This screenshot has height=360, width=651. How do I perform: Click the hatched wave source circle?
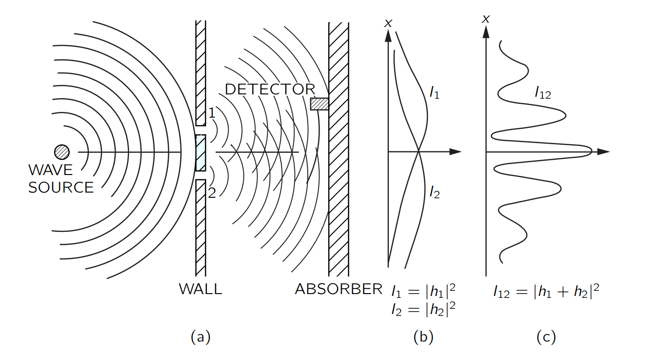tap(62, 152)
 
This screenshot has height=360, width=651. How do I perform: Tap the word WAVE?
tap(51, 170)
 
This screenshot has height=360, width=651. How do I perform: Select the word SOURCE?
tap(61, 187)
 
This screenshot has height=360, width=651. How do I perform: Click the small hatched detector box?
tap(320, 104)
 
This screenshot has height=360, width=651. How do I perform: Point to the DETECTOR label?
tap(270, 89)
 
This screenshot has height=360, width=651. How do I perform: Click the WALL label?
tap(201, 289)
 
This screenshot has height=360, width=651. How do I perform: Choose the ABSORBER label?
tap(339, 289)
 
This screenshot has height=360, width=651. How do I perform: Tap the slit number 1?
tap(212, 113)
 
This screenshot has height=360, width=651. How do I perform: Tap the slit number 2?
tap(212, 193)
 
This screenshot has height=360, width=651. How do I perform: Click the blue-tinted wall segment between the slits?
tap(201, 153)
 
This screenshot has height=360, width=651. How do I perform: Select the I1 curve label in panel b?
tap(434, 93)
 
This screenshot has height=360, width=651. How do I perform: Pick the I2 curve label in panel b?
tap(435, 193)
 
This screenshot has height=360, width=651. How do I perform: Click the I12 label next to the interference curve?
tap(543, 93)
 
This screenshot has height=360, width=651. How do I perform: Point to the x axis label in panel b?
tap(388, 23)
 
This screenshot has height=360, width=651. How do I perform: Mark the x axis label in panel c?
tap(486, 19)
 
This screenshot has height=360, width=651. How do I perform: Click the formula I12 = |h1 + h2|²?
tap(546, 291)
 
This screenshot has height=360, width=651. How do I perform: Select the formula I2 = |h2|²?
tap(423, 309)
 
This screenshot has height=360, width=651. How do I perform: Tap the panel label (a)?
tap(201, 337)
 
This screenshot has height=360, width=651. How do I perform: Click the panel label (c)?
tap(546, 337)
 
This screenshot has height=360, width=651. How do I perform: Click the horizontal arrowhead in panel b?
tap(455, 151)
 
